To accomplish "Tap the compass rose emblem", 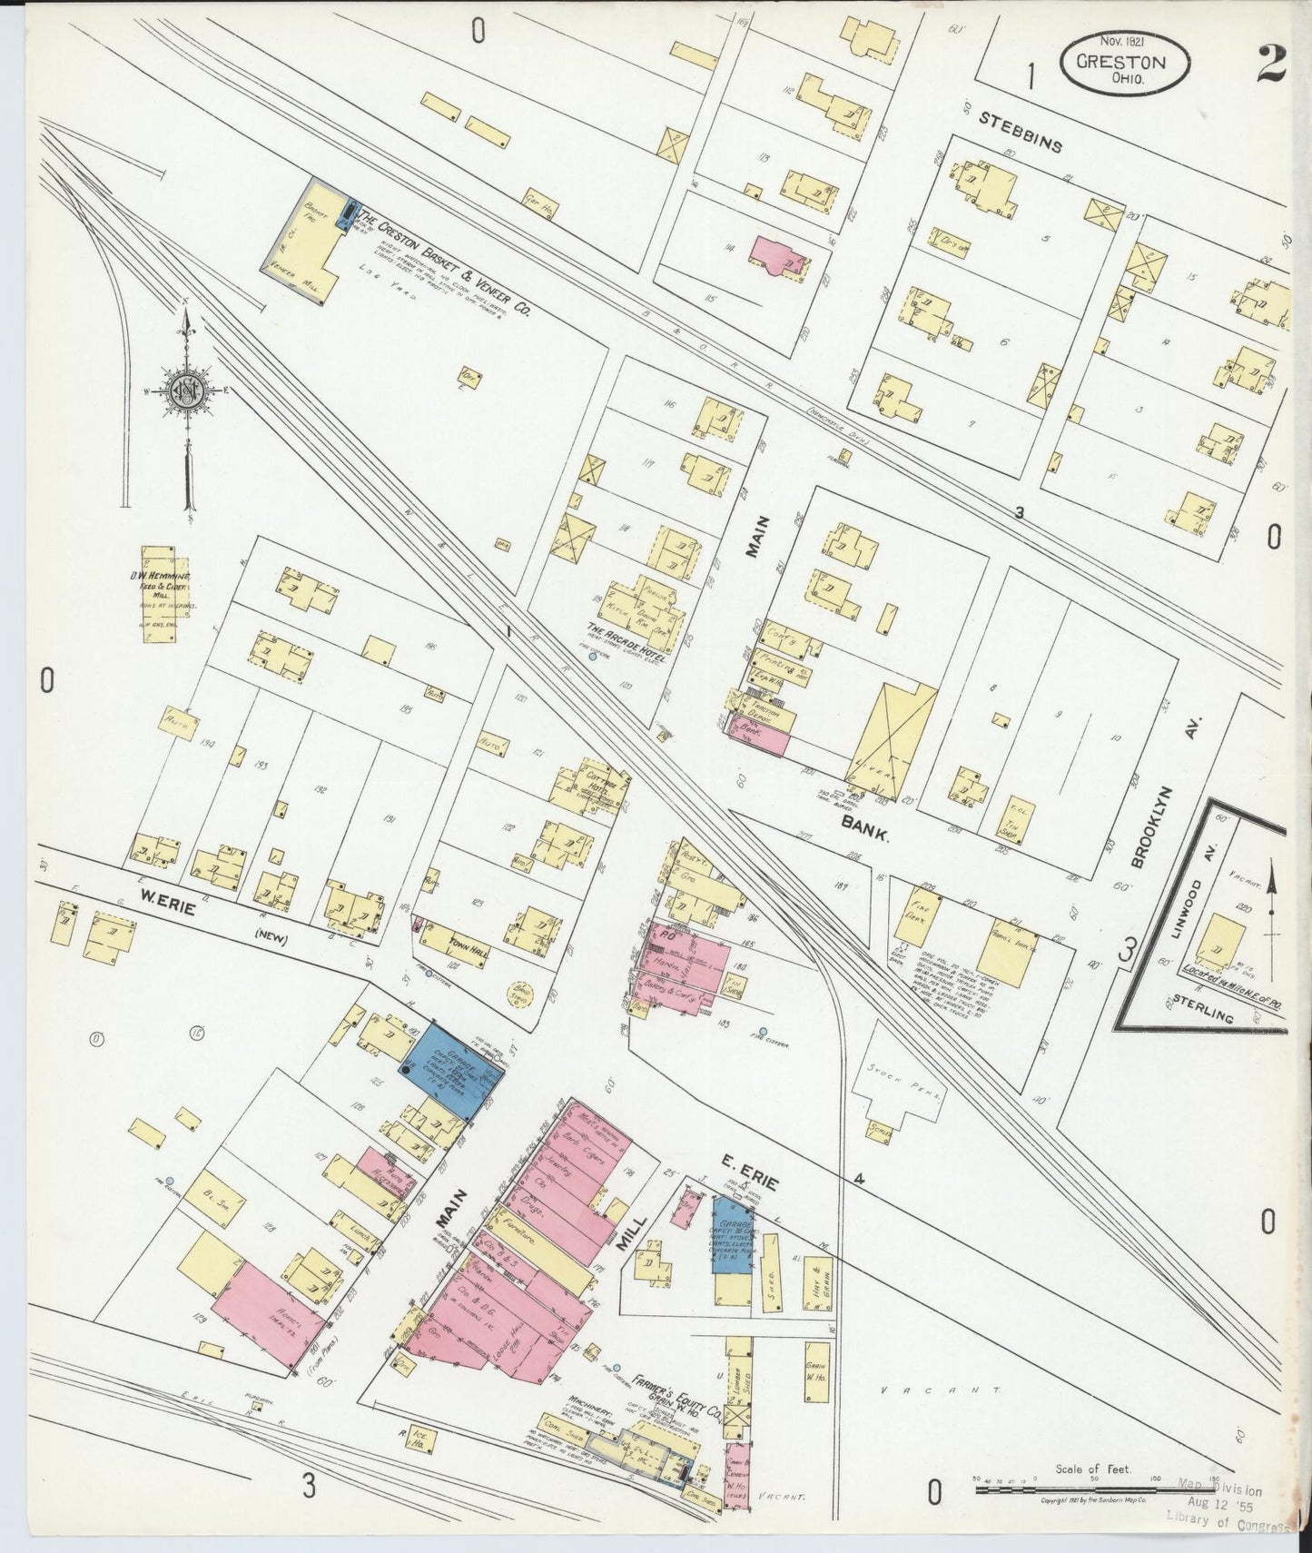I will point(188,392).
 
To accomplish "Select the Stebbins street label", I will point(1020,133).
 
